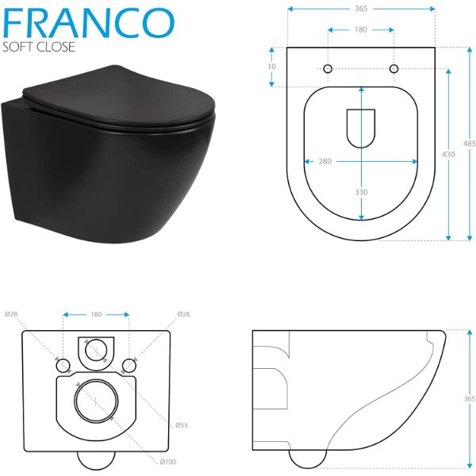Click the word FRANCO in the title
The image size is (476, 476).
coord(88,21)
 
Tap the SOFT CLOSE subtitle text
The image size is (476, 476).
coord(39,48)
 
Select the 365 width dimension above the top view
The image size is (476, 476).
coord(360,9)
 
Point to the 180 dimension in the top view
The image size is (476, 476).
coord(360,31)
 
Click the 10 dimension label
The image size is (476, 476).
coord(272,67)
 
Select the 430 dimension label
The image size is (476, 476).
coord(448,155)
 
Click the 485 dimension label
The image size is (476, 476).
coord(469,144)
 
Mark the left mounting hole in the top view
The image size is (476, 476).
coord(328,69)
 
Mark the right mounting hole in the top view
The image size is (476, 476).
coord(393,69)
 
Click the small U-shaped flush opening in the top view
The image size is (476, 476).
coord(361,126)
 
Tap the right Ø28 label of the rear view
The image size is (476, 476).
coord(182,313)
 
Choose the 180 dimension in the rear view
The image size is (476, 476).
coord(96,314)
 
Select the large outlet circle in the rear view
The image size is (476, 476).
coord(96,398)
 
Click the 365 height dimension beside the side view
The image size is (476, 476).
coord(469,399)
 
